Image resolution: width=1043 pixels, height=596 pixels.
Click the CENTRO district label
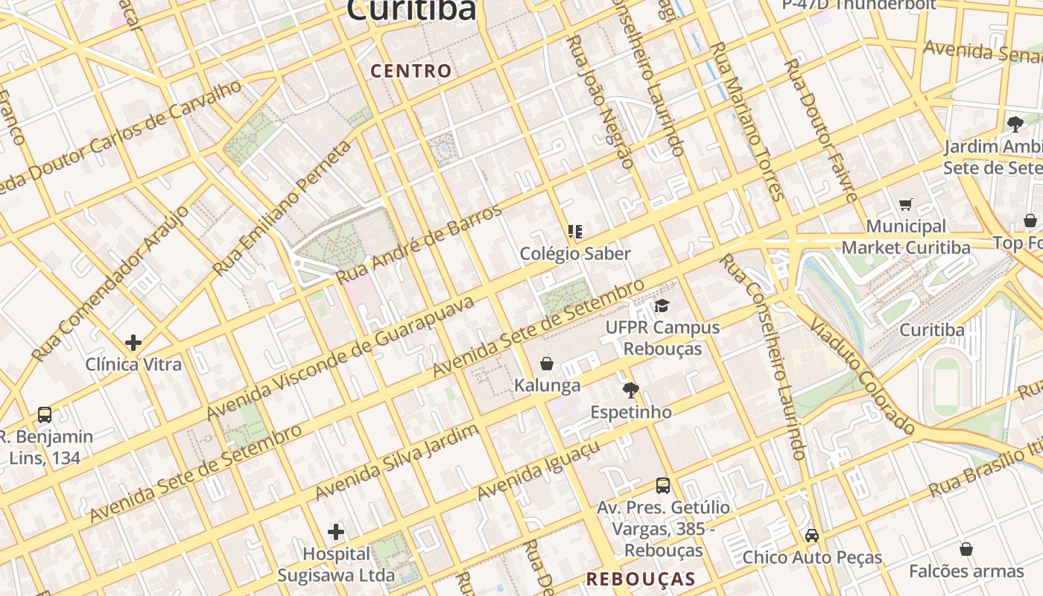(x=411, y=72)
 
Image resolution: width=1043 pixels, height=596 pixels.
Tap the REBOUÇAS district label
(x=641, y=579)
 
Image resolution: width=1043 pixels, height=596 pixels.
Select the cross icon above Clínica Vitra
(x=133, y=343)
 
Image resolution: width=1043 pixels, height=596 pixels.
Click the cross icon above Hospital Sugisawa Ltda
(x=336, y=532)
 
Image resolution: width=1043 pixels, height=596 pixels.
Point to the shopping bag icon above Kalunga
(x=547, y=364)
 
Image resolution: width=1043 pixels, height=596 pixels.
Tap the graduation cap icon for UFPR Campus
(x=662, y=305)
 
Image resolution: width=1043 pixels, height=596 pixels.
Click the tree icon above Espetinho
(x=631, y=390)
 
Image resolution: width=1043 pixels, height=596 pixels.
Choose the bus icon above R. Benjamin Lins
(x=45, y=415)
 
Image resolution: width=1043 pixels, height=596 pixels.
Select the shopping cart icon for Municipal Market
(x=906, y=204)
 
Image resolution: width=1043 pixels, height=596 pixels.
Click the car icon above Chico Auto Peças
(x=812, y=535)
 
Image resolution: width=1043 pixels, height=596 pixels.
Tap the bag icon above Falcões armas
(x=966, y=549)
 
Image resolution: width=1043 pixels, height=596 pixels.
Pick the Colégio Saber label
(x=575, y=253)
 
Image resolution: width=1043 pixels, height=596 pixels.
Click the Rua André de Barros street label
(x=419, y=244)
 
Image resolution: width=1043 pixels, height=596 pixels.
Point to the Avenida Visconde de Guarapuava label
(x=340, y=358)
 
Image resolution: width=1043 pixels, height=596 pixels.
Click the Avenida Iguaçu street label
(x=538, y=471)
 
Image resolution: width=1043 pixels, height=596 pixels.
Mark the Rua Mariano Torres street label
(x=746, y=121)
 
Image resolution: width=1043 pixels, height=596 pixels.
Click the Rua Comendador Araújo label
(x=111, y=284)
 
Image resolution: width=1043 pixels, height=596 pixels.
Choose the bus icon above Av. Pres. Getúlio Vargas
(x=663, y=486)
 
